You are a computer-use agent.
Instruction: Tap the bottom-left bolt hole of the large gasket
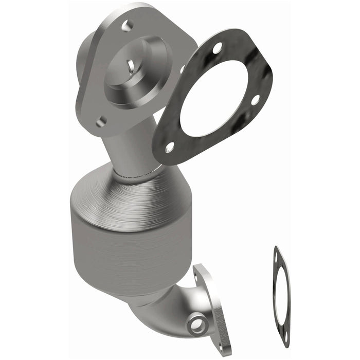coord(169,148)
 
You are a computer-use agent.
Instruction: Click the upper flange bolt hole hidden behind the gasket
coord(182,68)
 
